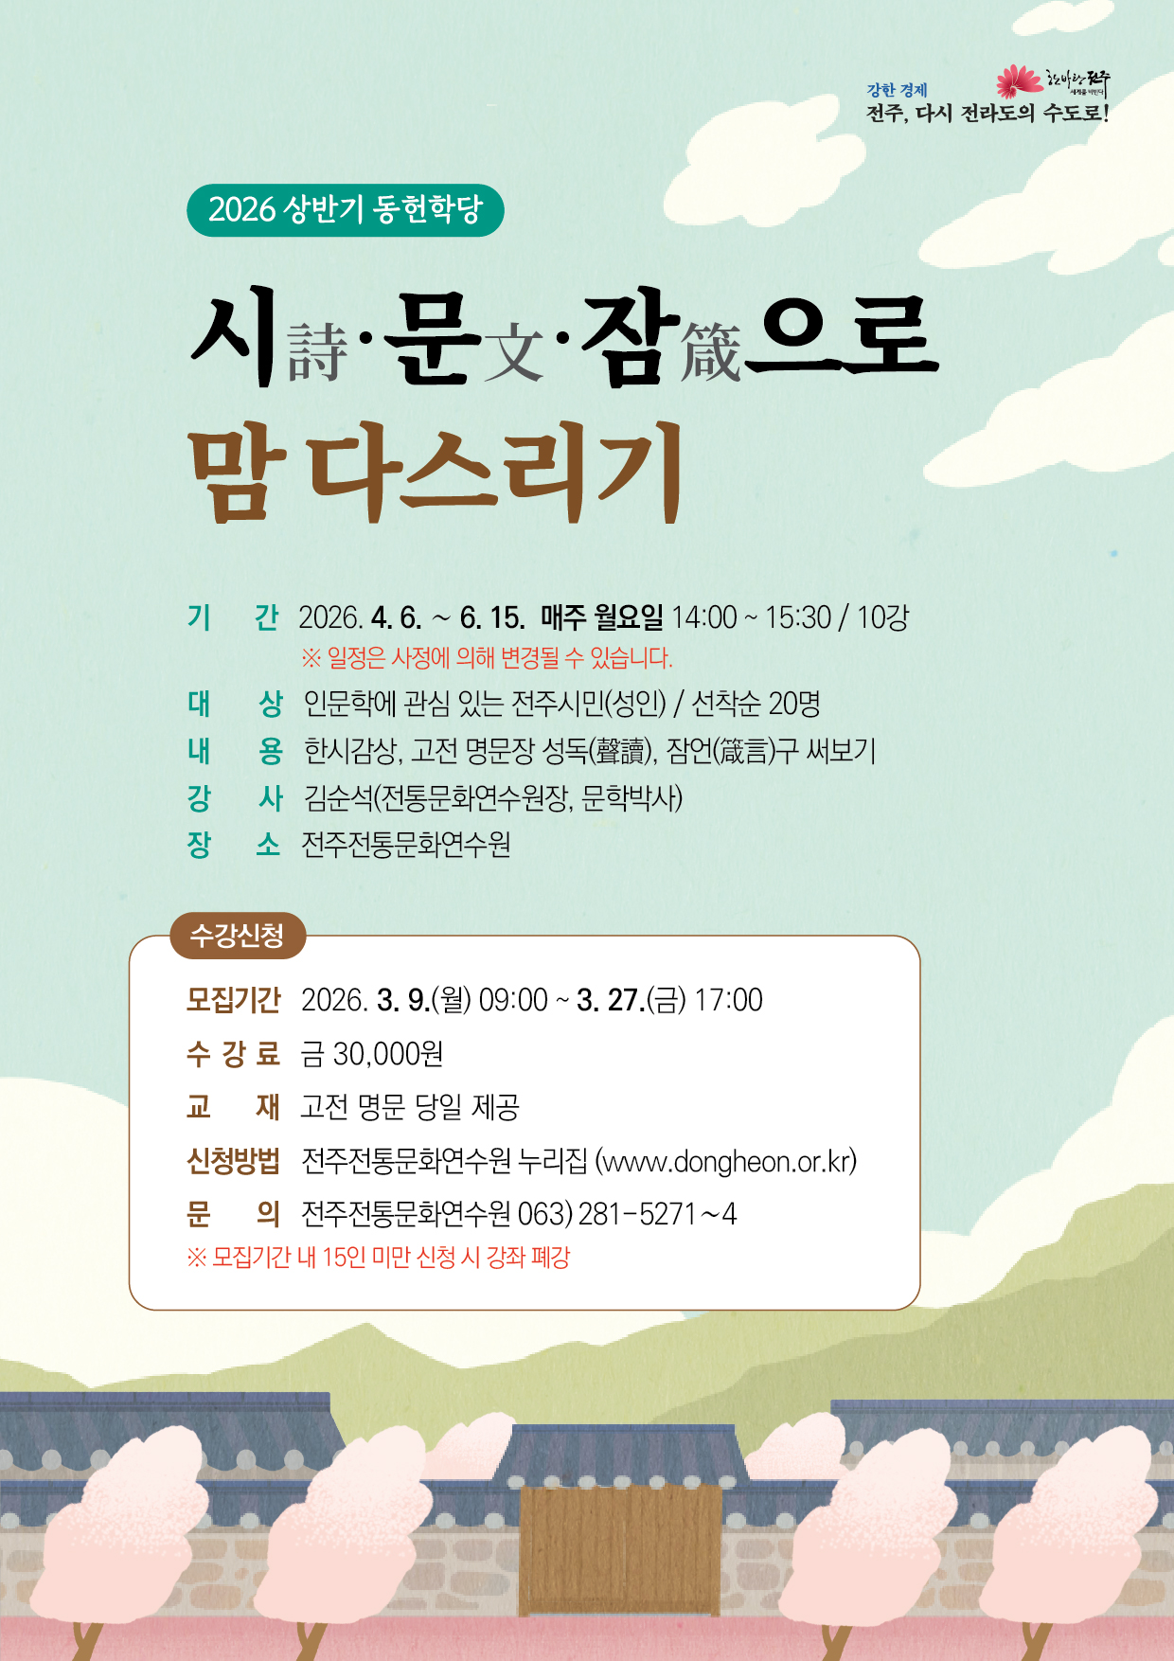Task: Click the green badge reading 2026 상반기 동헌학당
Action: (346, 210)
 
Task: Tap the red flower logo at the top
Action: (1019, 81)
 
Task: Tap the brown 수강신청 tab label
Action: (238, 936)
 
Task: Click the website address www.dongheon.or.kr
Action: (726, 1161)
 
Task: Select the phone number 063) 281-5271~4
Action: (627, 1213)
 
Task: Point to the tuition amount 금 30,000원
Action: (372, 1053)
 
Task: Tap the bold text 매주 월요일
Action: (602, 617)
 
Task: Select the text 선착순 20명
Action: (756, 704)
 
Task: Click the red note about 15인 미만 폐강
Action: (379, 1258)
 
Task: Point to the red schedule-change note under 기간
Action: (487, 657)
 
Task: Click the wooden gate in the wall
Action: (620, 1549)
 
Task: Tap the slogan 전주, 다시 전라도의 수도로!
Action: (987, 114)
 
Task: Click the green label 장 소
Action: (234, 844)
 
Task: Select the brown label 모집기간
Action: (234, 999)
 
